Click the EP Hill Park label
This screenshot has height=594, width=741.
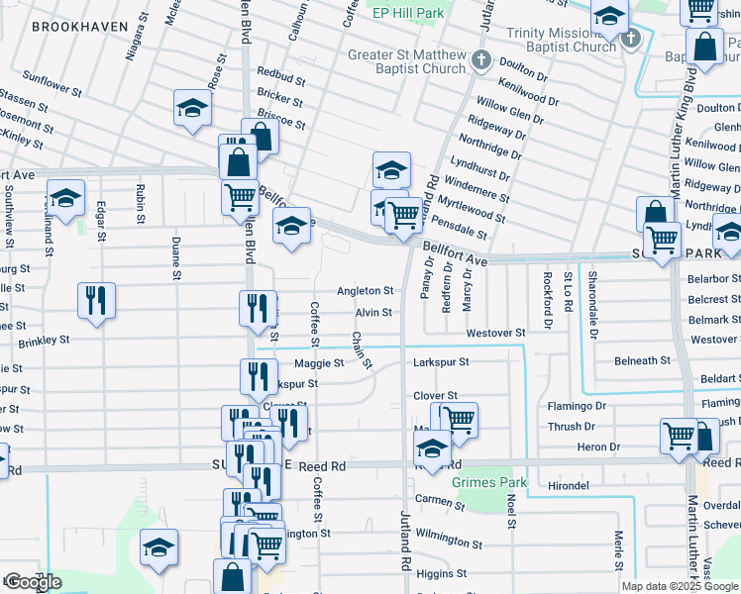point(407,13)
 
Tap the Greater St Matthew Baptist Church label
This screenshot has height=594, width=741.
point(406,61)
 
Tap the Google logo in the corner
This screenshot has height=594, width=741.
point(32,582)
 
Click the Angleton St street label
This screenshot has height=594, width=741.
point(365,291)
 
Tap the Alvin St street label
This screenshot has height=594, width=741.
point(373,313)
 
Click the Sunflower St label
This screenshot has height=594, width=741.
point(52,83)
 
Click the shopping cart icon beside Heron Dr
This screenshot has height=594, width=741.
point(679,436)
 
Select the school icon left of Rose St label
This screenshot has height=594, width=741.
point(192,108)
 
